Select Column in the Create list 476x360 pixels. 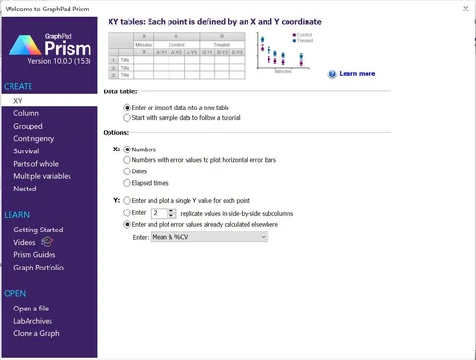pos(26,112)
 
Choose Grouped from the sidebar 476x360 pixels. pos(29,125)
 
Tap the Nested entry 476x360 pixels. pos(26,190)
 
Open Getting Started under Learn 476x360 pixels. pos(38,230)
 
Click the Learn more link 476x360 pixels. pos(356,73)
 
